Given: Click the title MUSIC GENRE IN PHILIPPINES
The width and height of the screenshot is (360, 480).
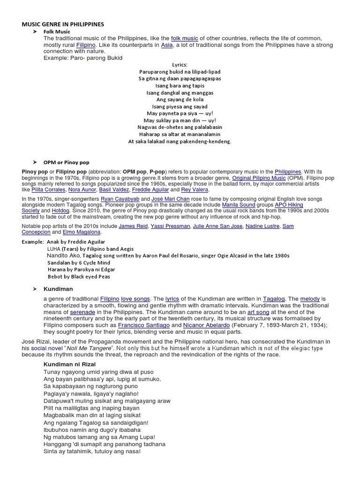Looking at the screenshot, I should point(63,24).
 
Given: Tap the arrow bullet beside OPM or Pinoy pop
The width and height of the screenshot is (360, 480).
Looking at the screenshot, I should point(35,162).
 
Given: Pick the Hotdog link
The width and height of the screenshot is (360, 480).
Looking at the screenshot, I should point(60,211).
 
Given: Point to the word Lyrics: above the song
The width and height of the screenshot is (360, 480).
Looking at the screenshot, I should point(180,65).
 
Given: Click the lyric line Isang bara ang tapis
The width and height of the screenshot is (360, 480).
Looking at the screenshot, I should point(180,85).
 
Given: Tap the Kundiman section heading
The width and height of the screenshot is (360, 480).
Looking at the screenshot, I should point(58,289).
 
